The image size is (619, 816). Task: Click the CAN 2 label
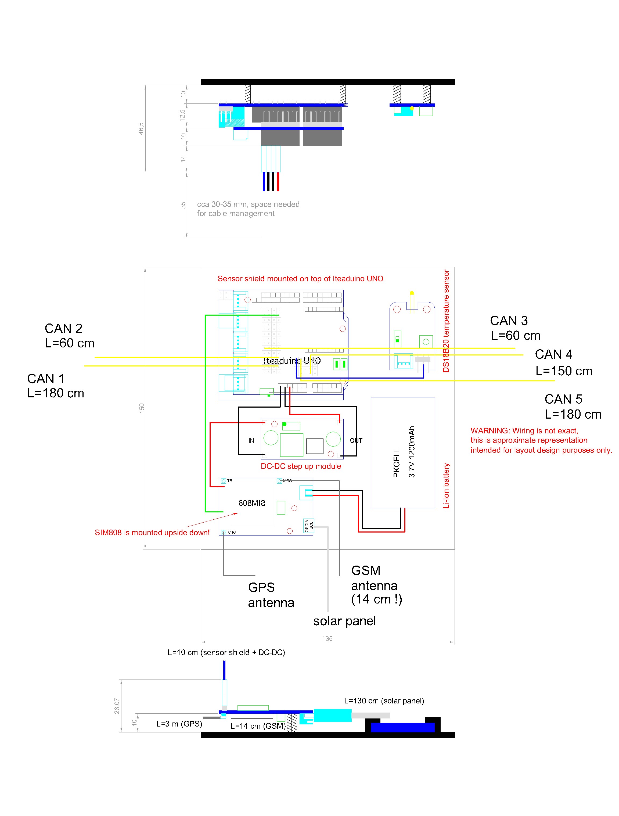pyautogui.click(x=63, y=328)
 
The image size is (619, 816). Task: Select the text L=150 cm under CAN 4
pyautogui.click(x=564, y=371)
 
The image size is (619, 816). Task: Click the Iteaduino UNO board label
pyautogui.click(x=292, y=361)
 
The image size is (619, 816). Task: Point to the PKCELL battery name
pyautogui.click(x=397, y=463)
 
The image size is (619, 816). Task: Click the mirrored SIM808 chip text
pyautogui.click(x=252, y=503)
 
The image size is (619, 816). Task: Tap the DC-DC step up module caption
pyautogui.click(x=301, y=466)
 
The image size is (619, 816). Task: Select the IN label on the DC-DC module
pyautogui.click(x=251, y=440)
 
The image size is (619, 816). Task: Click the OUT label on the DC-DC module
pyautogui.click(x=356, y=440)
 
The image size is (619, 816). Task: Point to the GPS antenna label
pyautogui.click(x=271, y=595)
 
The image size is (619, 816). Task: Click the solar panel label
pyautogui.click(x=344, y=621)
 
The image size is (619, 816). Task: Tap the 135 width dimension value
pyautogui.click(x=327, y=639)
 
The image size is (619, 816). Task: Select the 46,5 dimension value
pyautogui.click(x=141, y=128)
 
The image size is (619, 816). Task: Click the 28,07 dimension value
pyautogui.click(x=117, y=706)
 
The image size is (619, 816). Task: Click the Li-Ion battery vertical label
pyautogui.click(x=446, y=486)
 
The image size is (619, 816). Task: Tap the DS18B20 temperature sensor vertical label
pyautogui.click(x=446, y=321)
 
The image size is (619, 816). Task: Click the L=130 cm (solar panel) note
pyautogui.click(x=384, y=701)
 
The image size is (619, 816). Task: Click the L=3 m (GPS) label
pyautogui.click(x=179, y=724)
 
